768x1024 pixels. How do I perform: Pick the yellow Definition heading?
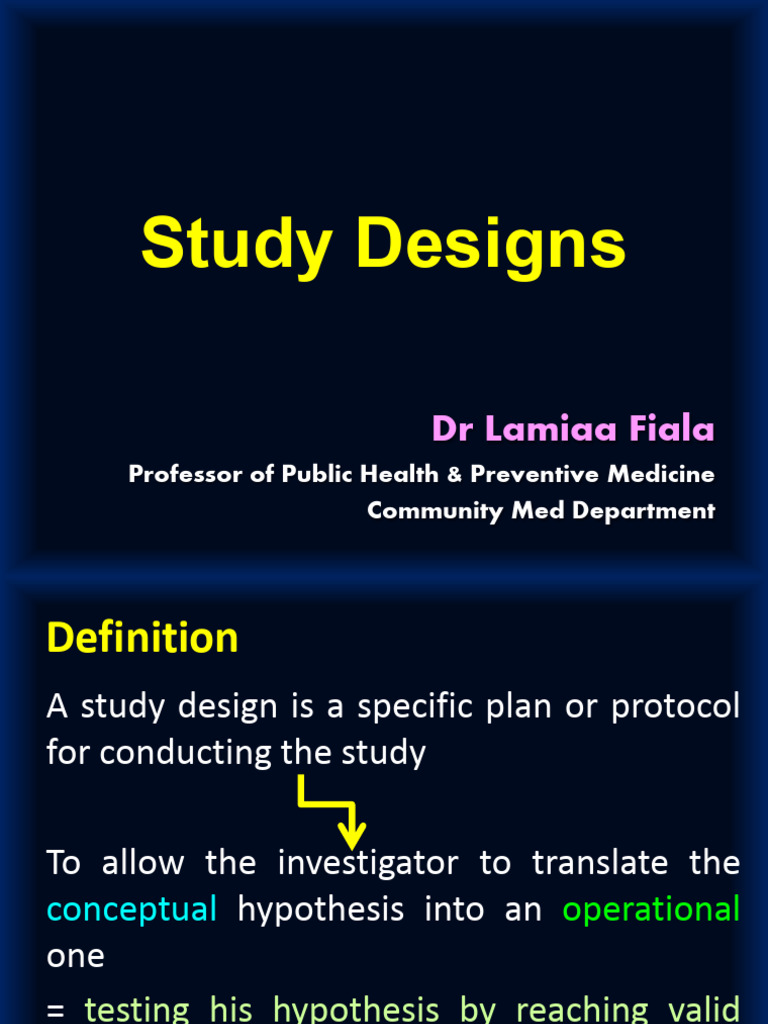[142, 638]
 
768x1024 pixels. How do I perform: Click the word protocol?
[676, 707]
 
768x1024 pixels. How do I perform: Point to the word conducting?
[186, 753]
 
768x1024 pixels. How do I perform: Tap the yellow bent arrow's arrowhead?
[351, 837]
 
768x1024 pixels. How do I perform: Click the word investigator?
[368, 863]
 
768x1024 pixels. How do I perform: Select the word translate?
[600, 863]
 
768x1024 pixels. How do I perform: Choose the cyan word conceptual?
[132, 910]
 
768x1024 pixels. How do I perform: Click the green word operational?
[651, 910]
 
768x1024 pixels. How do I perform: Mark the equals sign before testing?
[56, 1010]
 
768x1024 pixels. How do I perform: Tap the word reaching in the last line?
[572, 1010]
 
